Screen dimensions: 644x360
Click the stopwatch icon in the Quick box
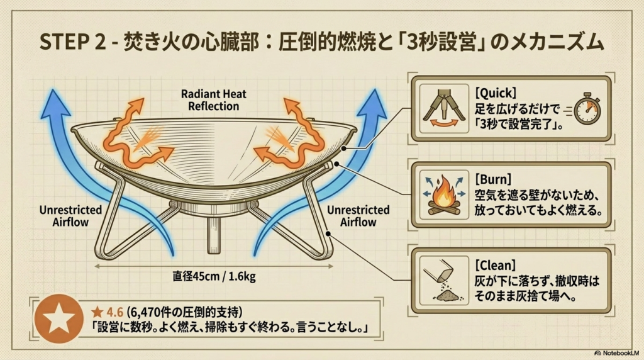[587, 110]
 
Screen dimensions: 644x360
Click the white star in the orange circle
[59, 318]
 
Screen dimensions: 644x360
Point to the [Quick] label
[496, 93]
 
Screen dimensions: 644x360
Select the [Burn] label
[493, 179]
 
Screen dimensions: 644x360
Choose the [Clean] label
[495, 266]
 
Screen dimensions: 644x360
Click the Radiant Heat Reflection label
[214, 100]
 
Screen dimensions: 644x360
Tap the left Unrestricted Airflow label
[70, 216]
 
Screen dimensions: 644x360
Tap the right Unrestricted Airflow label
[358, 216]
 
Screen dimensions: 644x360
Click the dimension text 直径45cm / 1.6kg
[214, 276]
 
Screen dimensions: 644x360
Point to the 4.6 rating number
[114, 312]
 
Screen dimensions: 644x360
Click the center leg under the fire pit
[214, 235]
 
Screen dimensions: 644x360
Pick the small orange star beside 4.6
[97, 312]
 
